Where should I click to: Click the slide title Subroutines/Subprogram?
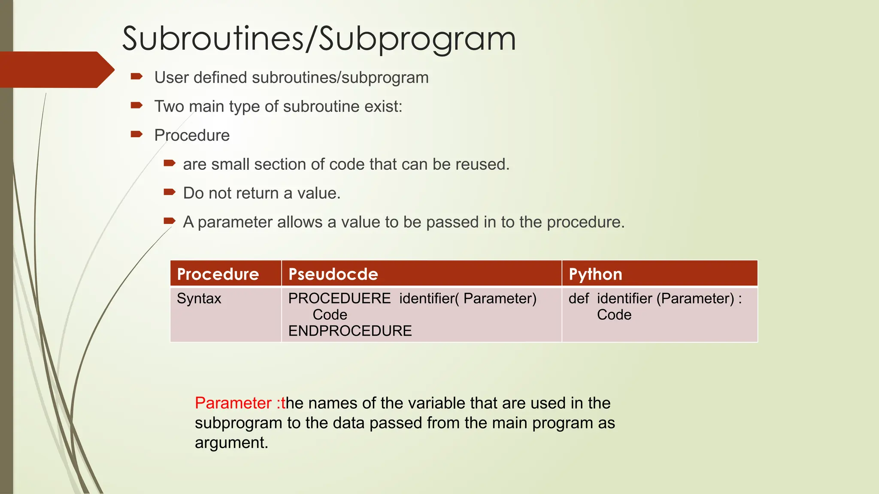tap(318, 39)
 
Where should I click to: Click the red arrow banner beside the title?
tap(56, 69)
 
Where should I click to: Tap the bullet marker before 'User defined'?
tap(136, 77)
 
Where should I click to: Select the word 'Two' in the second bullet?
tap(169, 106)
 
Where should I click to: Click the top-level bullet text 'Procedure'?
tap(192, 136)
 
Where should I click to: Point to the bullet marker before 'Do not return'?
tap(170, 192)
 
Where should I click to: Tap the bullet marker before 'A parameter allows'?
tap(170, 221)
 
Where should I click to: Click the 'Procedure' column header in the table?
tap(218, 274)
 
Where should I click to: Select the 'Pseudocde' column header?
tap(333, 274)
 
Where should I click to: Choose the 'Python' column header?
tap(595, 274)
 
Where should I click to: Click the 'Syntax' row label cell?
tap(199, 298)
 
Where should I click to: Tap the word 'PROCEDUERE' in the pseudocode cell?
tap(339, 298)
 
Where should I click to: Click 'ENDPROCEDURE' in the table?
tap(350, 331)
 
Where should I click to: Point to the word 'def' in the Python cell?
tap(579, 298)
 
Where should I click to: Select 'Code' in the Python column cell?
tap(614, 315)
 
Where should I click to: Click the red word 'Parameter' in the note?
tap(233, 403)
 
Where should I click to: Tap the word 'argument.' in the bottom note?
tap(231, 443)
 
